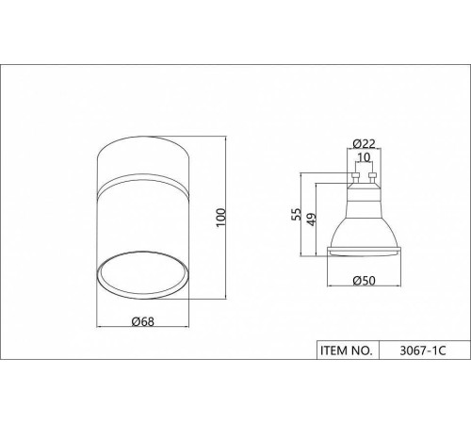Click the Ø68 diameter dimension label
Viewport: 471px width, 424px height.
(x=143, y=321)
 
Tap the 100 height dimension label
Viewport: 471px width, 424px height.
(x=221, y=217)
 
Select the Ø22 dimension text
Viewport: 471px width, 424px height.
(x=364, y=143)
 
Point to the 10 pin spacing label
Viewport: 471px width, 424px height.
(x=364, y=157)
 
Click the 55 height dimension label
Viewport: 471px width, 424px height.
(x=296, y=215)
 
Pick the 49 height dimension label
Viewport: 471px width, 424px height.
(x=311, y=220)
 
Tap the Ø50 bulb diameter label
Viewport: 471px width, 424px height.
(x=364, y=280)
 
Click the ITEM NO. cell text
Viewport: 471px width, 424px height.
(x=347, y=351)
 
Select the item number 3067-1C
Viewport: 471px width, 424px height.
(x=423, y=351)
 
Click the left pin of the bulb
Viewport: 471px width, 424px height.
(x=355, y=178)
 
